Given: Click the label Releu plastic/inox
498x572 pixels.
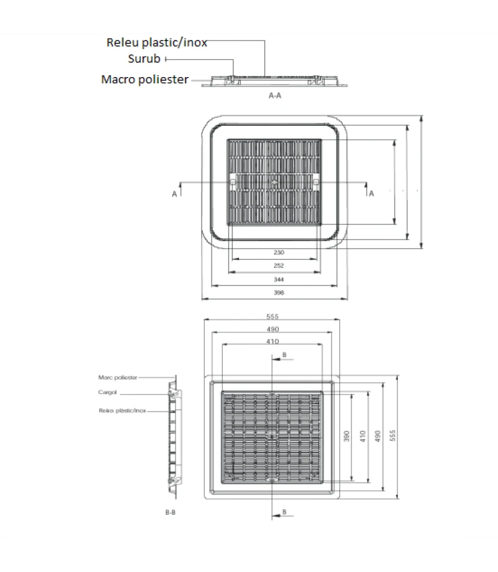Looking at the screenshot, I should (x=156, y=42).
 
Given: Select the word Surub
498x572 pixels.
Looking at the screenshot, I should (x=144, y=59).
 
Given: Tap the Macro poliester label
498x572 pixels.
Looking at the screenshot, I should (x=144, y=80).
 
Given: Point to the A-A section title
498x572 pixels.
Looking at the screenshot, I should (x=275, y=96).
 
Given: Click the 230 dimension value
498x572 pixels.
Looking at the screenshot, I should (x=278, y=252).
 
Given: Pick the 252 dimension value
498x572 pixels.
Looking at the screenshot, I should (x=278, y=265).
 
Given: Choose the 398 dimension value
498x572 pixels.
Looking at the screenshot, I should (x=278, y=292).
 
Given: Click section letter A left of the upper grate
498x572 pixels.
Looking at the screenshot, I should (x=175, y=195).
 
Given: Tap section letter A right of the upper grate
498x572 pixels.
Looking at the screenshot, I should (x=372, y=194).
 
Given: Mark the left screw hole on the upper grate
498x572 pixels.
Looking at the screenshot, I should (x=232, y=183).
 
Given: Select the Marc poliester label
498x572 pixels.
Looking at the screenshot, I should (x=118, y=377).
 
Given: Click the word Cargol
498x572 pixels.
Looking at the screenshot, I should (x=108, y=393).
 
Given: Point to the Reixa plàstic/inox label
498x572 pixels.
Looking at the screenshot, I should (x=122, y=410).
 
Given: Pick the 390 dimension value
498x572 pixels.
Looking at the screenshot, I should (x=346, y=436).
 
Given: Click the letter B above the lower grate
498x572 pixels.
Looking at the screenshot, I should (x=284, y=354).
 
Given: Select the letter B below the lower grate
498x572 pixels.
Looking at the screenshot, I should (x=284, y=511).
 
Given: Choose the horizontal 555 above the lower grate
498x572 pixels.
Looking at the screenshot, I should (x=273, y=316).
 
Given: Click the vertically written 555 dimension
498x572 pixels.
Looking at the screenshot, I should (x=392, y=435).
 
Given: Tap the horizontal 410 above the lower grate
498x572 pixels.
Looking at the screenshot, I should (x=273, y=341).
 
